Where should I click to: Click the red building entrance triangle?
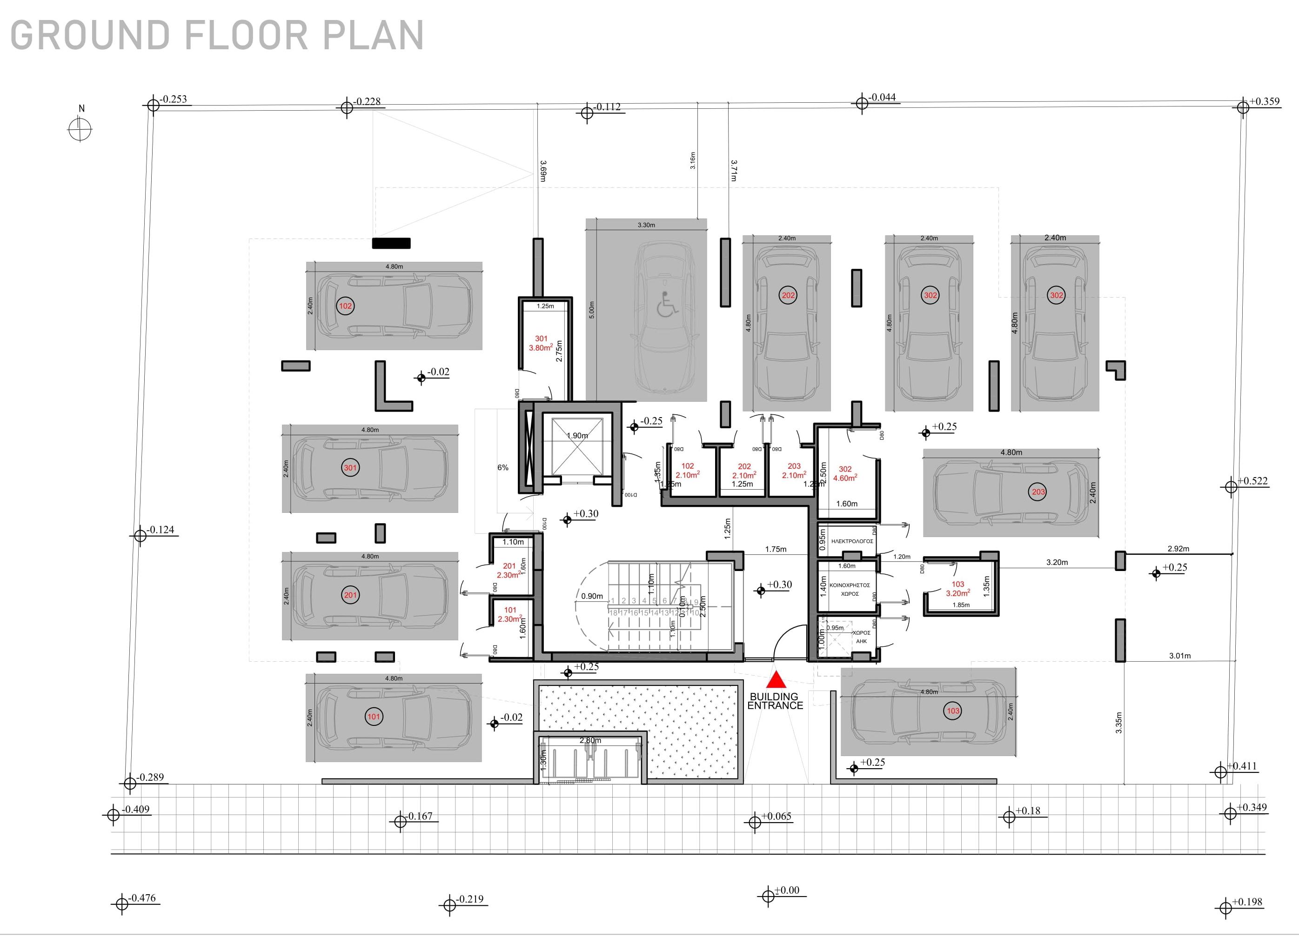(x=776, y=680)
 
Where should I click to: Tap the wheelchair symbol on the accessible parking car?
(x=667, y=304)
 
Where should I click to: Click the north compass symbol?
(x=80, y=128)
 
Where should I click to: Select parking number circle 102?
(x=345, y=306)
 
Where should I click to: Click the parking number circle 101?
(x=374, y=716)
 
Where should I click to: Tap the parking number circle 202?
(x=788, y=295)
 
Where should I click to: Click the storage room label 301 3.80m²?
(x=541, y=343)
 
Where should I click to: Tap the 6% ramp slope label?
(x=503, y=468)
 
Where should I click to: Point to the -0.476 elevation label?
(x=142, y=898)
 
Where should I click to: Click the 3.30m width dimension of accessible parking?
(x=646, y=225)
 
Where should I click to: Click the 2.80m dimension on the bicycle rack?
(x=590, y=740)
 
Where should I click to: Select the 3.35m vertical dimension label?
(x=1118, y=723)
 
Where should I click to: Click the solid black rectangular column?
(x=391, y=243)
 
